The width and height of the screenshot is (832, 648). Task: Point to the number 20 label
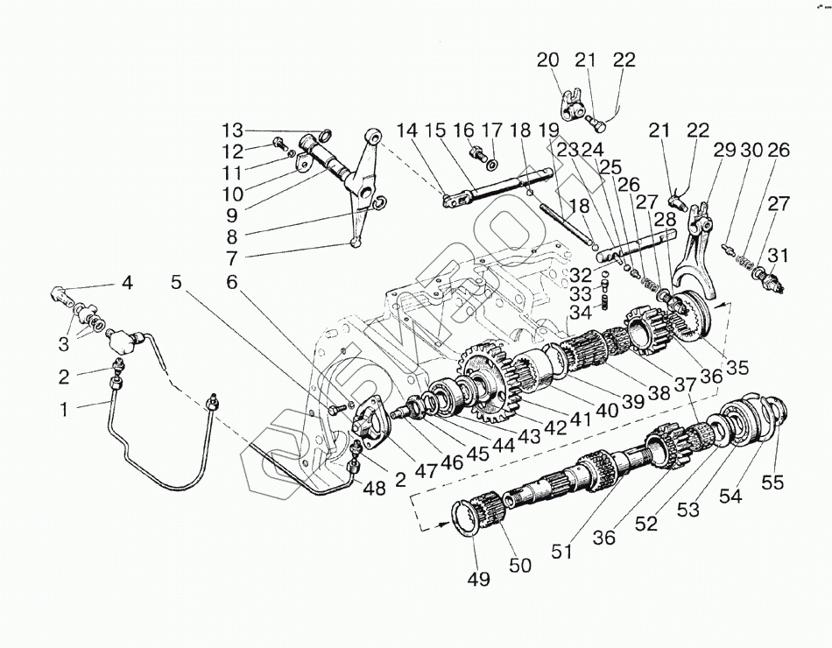point(547,60)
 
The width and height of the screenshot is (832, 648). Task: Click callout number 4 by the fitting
point(127,283)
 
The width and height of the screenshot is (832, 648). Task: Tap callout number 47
point(427,471)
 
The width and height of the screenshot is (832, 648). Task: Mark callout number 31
point(778,255)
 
